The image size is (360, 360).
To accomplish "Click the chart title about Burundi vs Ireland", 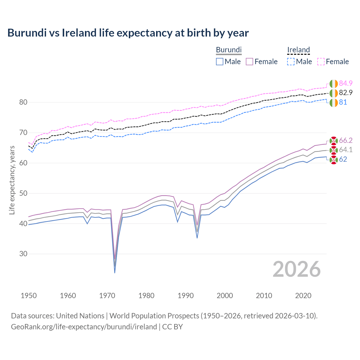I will tap(128, 33).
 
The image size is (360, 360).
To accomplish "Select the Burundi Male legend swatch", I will tap(220, 62).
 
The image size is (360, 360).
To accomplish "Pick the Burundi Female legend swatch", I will tap(249, 62).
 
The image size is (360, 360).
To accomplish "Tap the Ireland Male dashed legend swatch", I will tap(291, 62).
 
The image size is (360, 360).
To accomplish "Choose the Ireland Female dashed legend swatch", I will tap(321, 62).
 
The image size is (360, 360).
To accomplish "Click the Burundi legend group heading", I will tap(229, 50).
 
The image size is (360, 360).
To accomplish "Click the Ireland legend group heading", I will tap(298, 50).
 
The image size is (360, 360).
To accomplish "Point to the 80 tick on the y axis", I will tap(23, 102).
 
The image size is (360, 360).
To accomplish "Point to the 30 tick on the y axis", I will tap(23, 254).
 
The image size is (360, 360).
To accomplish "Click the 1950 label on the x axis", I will tap(29, 296).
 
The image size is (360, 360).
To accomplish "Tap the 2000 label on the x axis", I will tap(225, 296).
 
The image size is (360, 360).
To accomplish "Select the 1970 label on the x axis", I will tap(107, 296).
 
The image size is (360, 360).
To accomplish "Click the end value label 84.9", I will tap(346, 83).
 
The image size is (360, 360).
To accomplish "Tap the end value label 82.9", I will tap(346, 93).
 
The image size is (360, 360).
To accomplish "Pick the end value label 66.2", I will tap(346, 140).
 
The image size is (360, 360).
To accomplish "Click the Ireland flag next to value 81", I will tap(334, 103).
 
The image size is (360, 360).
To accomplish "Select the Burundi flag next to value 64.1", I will tap(334, 150).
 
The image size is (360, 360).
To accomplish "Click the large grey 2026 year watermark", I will tap(297, 269).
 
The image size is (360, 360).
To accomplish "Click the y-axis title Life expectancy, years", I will tap(12, 180).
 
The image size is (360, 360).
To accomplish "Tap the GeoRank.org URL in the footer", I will tap(84, 327).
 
